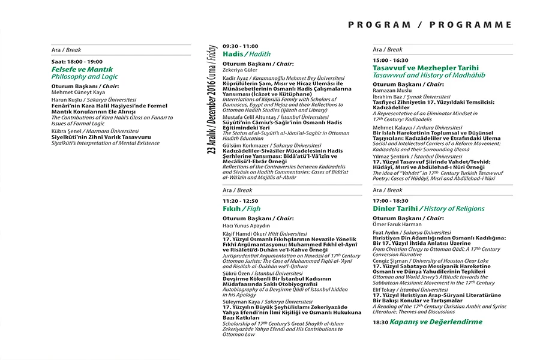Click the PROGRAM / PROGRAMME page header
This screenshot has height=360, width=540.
click(x=430, y=25)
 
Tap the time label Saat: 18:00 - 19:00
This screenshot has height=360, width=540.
click(x=77, y=61)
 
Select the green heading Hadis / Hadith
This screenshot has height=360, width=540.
click(x=246, y=54)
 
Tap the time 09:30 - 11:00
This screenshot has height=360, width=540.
click(x=240, y=46)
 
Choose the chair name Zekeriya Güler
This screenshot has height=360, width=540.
click(x=239, y=70)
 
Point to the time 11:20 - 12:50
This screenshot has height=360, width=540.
click(x=240, y=200)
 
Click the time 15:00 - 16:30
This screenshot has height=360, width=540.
click(x=390, y=61)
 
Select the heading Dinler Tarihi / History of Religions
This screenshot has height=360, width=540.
click(x=428, y=208)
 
